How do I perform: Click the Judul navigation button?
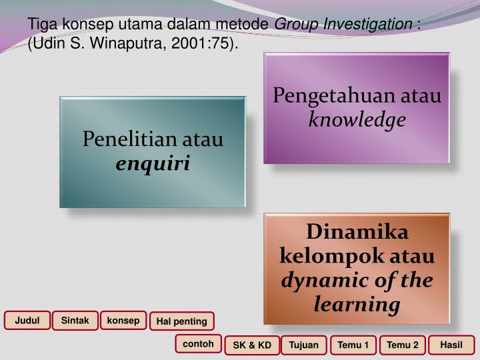27,321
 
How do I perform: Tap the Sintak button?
75,321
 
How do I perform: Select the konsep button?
123,321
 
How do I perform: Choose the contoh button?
199,344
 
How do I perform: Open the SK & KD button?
252,345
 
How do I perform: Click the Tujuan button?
304,345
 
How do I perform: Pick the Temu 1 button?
353,345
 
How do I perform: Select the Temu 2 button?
403,345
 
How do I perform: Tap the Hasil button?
451,345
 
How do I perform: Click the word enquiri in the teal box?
153,163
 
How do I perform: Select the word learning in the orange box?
357,305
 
